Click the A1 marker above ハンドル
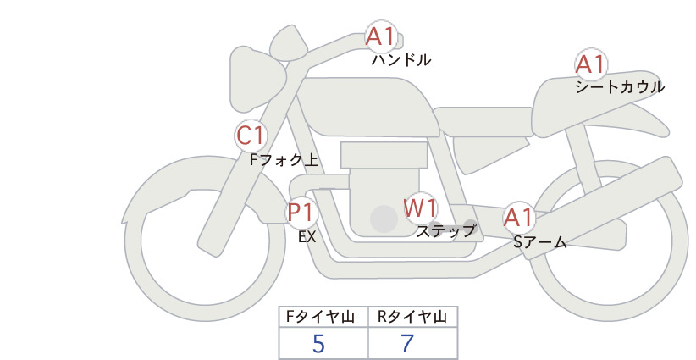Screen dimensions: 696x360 (381, 36)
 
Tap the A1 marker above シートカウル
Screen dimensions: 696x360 (591, 64)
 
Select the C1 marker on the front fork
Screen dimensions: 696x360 (251, 136)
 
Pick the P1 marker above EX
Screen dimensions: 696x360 (301, 212)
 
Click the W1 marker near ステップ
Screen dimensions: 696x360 (420, 208)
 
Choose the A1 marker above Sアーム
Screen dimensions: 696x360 (518, 218)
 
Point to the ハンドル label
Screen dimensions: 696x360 (401, 59)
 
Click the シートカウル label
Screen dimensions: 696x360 (620, 86)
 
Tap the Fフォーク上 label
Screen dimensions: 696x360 (284, 159)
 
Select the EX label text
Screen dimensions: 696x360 (307, 237)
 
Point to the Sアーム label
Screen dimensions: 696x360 (540, 242)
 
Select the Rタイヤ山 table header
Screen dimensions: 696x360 (413, 317)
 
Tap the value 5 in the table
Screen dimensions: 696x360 (318, 343)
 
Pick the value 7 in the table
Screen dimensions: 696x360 (407, 343)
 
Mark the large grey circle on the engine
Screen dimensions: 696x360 (384, 219)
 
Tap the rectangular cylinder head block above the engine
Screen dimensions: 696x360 (384, 155)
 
